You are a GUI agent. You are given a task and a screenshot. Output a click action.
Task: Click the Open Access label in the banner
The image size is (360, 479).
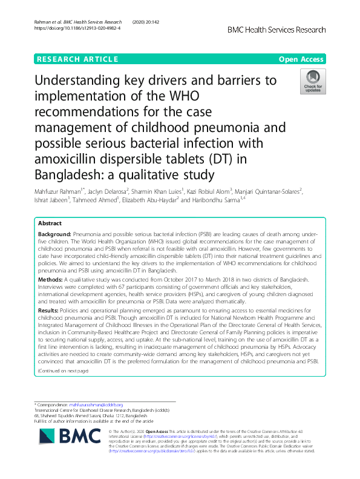click(302, 59)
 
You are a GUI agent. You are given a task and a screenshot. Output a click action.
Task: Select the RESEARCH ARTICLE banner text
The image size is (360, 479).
click(77, 59)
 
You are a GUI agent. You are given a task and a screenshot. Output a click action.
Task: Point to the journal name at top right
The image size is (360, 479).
click(277, 30)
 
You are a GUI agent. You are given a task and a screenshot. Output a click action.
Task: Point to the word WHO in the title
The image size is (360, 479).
click(182, 96)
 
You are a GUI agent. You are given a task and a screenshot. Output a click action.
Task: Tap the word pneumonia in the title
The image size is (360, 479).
click(244, 128)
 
